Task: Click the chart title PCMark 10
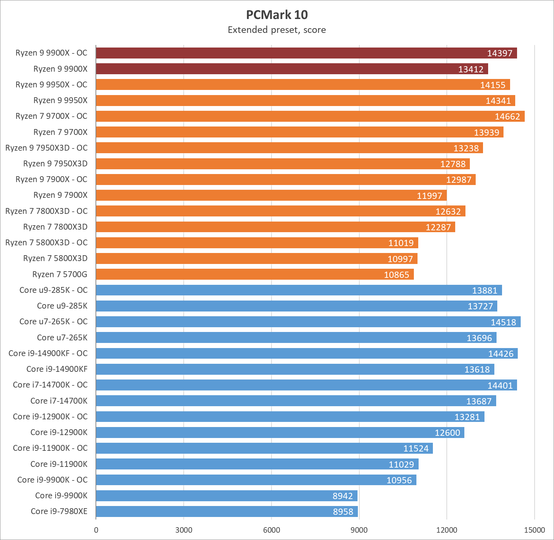point(277,15)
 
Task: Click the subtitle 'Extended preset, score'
point(277,30)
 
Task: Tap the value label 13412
point(471,69)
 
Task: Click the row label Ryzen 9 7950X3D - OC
point(46,148)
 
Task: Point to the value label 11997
point(429,196)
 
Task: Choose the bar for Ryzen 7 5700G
point(255,274)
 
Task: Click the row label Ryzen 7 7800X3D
point(55,227)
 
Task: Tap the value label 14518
point(503,322)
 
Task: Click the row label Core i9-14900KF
point(57,369)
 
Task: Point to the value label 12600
point(447,433)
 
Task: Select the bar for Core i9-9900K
point(227,496)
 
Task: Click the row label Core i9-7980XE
point(59,511)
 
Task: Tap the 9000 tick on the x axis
point(359,530)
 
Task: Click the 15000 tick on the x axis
point(534,530)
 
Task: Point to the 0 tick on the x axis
point(96,530)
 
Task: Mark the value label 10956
point(399,480)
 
